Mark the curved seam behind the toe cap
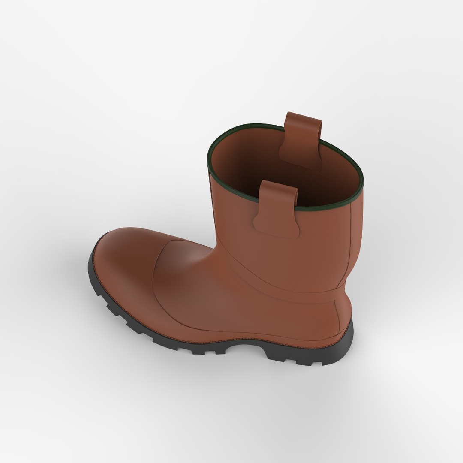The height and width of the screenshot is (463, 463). coord(156,274)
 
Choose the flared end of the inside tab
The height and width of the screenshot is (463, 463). coord(300,159)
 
